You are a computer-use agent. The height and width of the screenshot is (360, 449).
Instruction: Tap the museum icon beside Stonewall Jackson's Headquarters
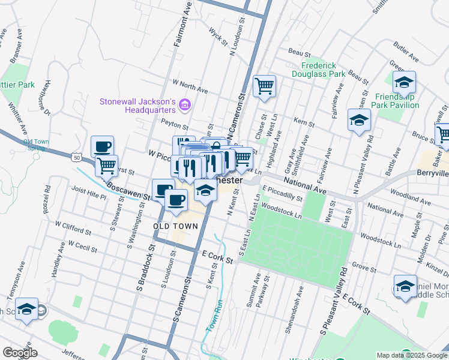point(185,106)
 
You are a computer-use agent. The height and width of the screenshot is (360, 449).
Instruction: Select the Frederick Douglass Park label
point(323,70)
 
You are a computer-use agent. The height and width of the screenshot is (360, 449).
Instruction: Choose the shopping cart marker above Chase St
point(264,86)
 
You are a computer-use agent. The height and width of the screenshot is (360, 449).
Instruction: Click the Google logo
point(20,353)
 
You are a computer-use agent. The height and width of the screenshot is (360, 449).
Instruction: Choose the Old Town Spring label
point(36,145)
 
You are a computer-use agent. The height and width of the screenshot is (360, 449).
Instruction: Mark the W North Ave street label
point(190,86)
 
